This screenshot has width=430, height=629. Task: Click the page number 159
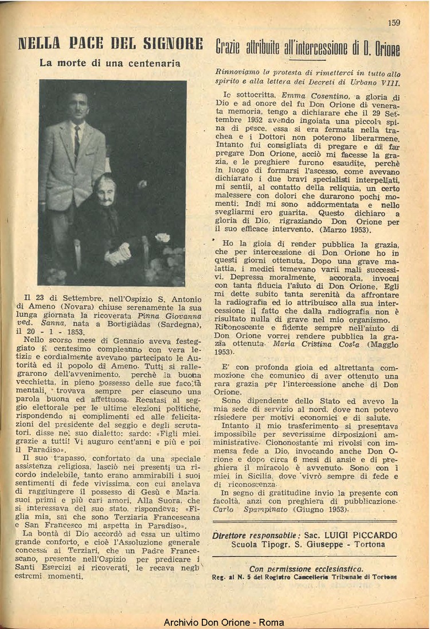click(x=394, y=23)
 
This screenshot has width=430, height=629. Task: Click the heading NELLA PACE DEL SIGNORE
click(x=111, y=44)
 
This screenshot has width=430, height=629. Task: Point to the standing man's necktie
click(x=77, y=142)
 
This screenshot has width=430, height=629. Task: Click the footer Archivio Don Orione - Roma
click(x=215, y=622)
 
